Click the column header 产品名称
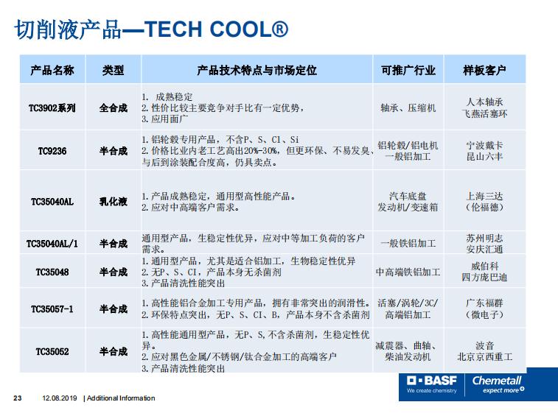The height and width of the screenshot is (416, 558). pyautogui.click(x=52, y=70)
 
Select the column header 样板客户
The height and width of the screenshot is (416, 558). pyautogui.click(x=484, y=70)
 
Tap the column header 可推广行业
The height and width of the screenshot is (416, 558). pyautogui.click(x=408, y=70)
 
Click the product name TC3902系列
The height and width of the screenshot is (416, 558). pyautogui.click(x=52, y=107)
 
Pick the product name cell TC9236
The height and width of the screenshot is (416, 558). pyautogui.click(x=52, y=151)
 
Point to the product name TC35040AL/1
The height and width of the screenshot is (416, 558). pyautogui.click(x=52, y=244)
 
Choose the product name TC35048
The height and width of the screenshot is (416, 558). pyautogui.click(x=52, y=272)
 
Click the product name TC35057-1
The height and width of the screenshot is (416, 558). pyautogui.click(x=52, y=309)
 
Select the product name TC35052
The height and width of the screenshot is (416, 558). pyautogui.click(x=52, y=351)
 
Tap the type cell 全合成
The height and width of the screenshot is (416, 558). pyautogui.click(x=114, y=107)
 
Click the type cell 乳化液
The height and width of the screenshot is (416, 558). pyautogui.click(x=114, y=202)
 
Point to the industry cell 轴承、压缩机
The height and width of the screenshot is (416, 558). pyautogui.click(x=408, y=107)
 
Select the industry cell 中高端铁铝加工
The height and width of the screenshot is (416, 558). pyautogui.click(x=408, y=272)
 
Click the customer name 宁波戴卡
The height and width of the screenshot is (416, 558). pyautogui.click(x=484, y=146)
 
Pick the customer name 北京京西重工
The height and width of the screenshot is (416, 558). pyautogui.click(x=484, y=356)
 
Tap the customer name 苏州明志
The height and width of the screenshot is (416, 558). pyautogui.click(x=484, y=238)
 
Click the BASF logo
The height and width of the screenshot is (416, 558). pyautogui.click(x=432, y=384)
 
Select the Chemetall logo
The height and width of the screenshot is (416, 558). pyautogui.click(x=498, y=384)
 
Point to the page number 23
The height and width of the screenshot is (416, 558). pyautogui.click(x=18, y=398)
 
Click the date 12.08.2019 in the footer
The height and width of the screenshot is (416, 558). pyautogui.click(x=60, y=398)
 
